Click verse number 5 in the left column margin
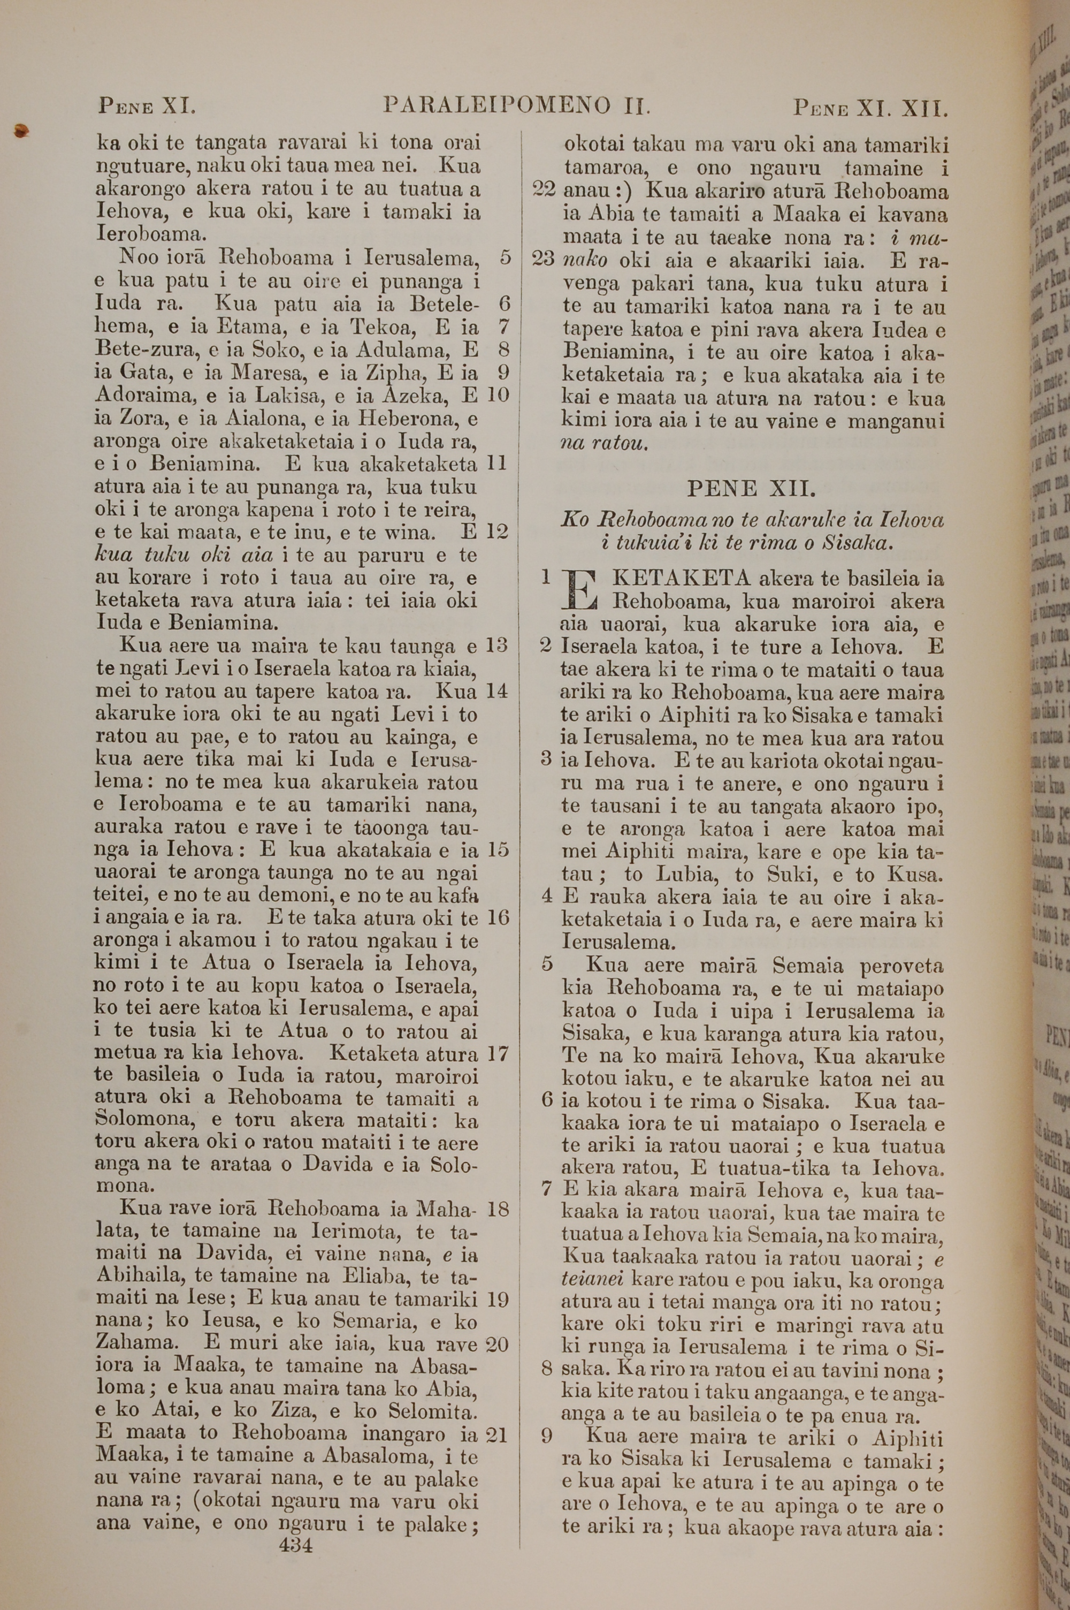[x=505, y=257]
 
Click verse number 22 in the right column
[x=544, y=191]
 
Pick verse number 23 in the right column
[x=544, y=260]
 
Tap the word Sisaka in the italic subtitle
[x=857, y=543]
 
